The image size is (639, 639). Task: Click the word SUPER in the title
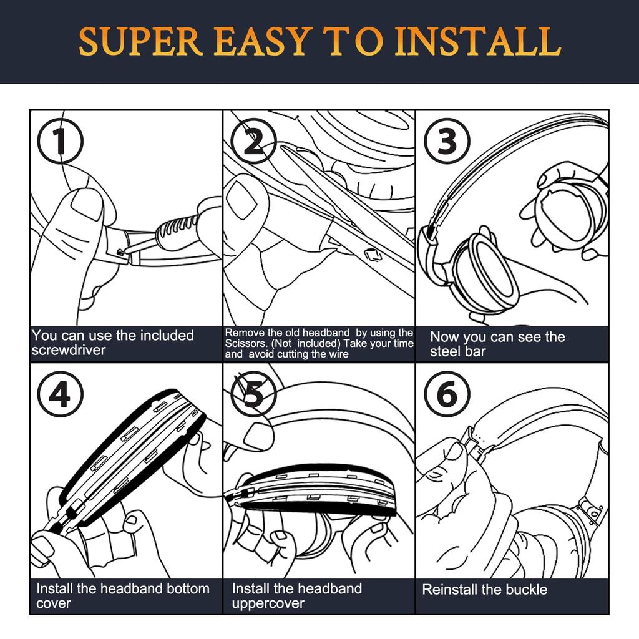[x=140, y=41]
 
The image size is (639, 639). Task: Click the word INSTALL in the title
[x=478, y=41]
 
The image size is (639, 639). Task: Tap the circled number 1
[x=60, y=141]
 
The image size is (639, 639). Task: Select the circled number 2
[x=253, y=141]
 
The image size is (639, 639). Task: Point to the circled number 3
[x=447, y=141]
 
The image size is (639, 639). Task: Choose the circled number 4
[x=60, y=394]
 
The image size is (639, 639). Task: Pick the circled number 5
[x=253, y=394]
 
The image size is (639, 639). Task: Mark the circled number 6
[x=447, y=394]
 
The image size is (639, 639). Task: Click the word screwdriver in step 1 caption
[x=69, y=350]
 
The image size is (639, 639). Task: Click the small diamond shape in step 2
[x=372, y=255]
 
